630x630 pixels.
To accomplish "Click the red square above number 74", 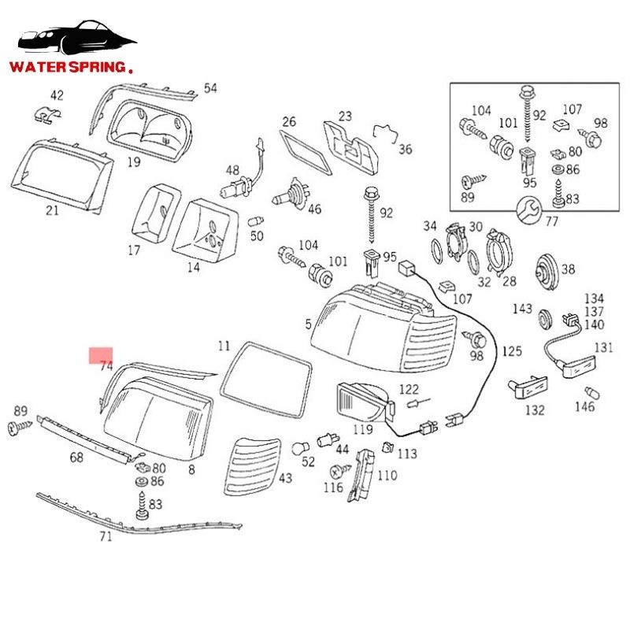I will [101, 356].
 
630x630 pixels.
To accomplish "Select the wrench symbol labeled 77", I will [527, 208].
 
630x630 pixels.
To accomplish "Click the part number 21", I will [52, 210].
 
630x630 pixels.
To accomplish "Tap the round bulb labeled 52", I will [300, 448].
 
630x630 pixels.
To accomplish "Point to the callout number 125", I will [512, 350].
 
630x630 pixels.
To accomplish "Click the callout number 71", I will [106, 537].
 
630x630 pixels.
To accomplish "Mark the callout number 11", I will [224, 346].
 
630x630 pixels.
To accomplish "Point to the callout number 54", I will [210, 88].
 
